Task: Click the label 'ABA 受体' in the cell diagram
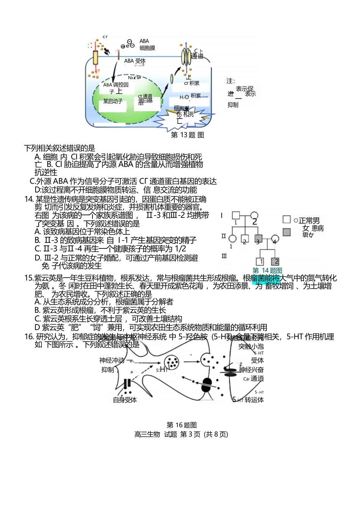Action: coord(135,61)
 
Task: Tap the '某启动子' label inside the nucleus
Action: coord(113,101)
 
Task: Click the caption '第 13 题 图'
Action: coord(188,135)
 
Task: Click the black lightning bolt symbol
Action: coord(107,51)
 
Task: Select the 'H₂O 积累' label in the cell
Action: coord(190,97)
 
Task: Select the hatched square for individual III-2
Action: coord(275,261)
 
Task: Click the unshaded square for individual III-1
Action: coord(260,261)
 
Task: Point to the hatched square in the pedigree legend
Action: coord(287,232)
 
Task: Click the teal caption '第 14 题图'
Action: coord(267,270)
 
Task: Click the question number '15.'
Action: coord(29,278)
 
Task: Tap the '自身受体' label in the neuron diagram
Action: coord(125,400)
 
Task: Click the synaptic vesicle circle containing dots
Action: coord(172,362)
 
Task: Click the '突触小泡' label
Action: coord(251,346)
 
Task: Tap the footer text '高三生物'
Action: coord(147,434)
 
